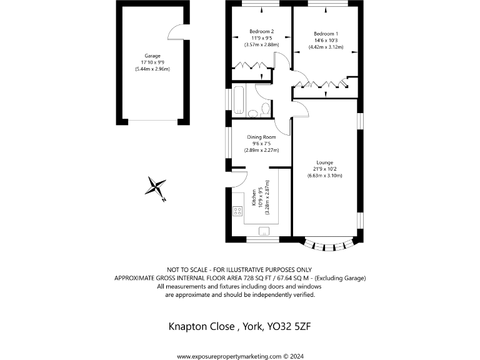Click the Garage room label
148,56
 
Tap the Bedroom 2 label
261,31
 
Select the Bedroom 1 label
326,34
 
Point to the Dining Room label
261,137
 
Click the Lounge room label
325,162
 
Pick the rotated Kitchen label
254,197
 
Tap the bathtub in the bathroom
237,100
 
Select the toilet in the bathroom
265,109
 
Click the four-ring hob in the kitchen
237,211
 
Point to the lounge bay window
329,245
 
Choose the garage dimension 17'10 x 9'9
148,62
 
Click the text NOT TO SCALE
186,269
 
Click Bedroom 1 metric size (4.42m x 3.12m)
326,47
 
